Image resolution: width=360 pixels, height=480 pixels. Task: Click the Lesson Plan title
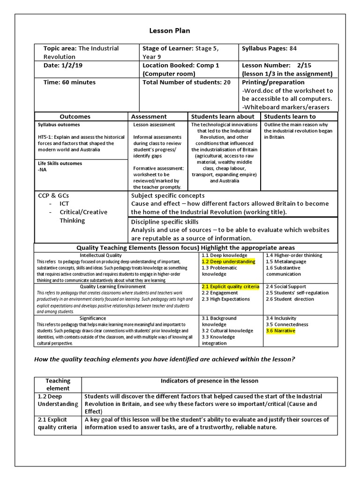point(169,31)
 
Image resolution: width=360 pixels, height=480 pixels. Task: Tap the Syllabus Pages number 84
point(293,48)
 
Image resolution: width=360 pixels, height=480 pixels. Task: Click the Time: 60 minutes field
point(69,82)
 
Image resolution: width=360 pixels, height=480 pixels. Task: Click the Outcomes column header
point(75,116)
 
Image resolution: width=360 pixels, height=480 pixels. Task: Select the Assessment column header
point(149,116)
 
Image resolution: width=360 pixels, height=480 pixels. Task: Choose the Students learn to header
point(290,116)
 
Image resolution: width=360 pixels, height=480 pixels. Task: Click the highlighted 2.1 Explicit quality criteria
point(230,286)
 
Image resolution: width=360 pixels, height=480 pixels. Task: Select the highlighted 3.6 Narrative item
point(280,330)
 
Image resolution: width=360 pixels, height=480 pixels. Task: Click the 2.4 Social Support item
point(285,286)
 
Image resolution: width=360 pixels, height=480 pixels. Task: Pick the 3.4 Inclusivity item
point(280,318)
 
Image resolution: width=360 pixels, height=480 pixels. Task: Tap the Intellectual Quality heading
point(101,255)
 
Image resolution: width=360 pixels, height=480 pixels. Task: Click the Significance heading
point(93,318)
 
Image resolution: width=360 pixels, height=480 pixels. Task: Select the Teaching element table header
point(58,384)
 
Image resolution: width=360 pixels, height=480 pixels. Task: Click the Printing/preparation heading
point(273,82)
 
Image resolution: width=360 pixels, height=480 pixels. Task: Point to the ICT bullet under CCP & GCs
point(64,204)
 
